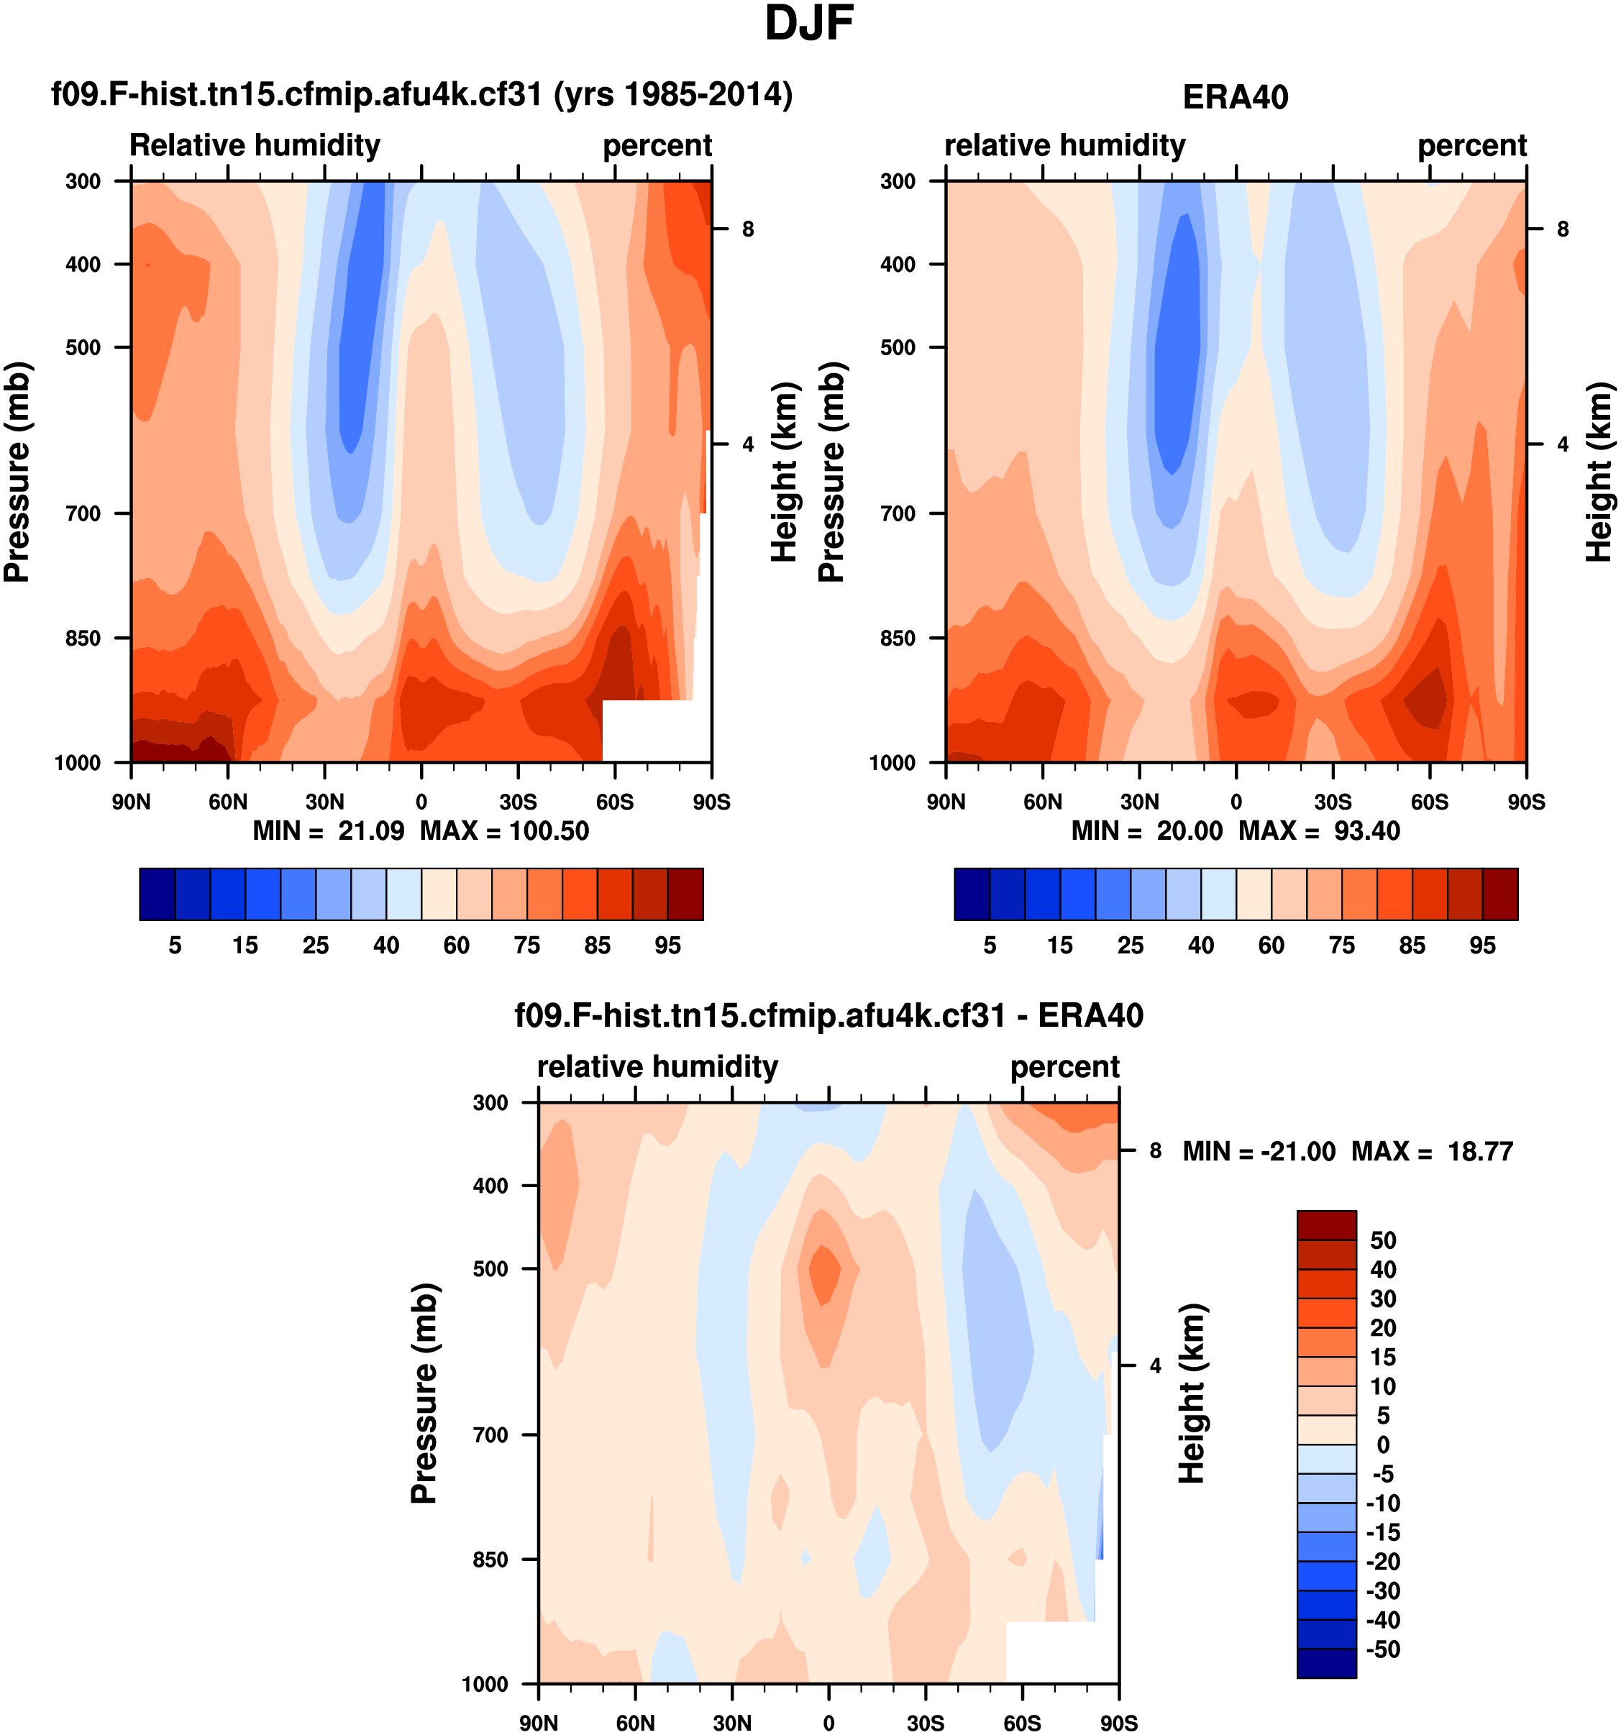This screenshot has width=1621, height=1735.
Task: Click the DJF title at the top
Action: [808, 24]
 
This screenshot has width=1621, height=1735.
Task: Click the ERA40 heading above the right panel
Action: [1236, 97]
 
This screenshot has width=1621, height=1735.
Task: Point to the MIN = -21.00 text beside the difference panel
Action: [1259, 1151]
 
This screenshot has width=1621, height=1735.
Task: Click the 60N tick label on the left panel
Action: [228, 801]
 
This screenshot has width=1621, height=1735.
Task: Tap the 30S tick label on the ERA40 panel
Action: [1333, 801]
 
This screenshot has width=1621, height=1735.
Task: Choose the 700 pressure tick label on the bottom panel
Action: [490, 1434]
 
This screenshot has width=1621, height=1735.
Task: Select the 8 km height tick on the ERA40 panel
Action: [1563, 229]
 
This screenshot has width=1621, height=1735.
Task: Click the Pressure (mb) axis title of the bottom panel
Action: [424, 1393]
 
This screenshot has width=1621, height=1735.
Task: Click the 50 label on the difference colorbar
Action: [1384, 1240]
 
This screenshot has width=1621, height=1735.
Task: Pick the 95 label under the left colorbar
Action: [668, 946]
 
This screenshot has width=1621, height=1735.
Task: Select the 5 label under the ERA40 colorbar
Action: [990, 946]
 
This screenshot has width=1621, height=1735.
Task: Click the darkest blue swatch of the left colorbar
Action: [157, 894]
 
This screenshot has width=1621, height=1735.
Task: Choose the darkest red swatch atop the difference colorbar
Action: [1326, 1225]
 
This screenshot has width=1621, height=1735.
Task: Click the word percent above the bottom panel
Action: [1064, 1066]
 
